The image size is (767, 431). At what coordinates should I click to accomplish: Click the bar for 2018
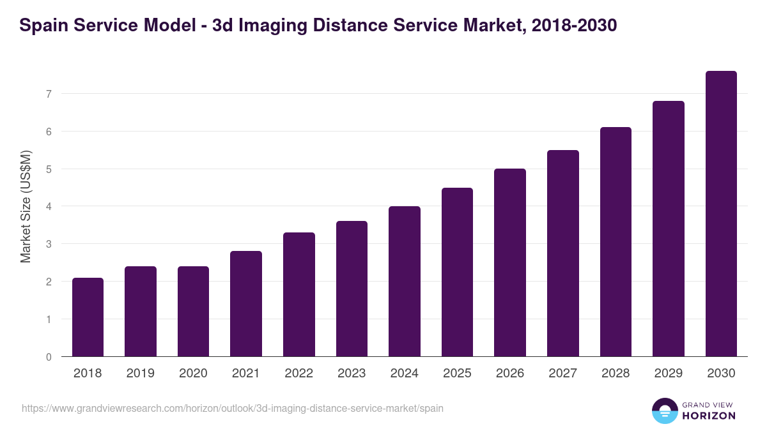coord(88,317)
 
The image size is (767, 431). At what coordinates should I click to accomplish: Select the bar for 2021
coord(246,304)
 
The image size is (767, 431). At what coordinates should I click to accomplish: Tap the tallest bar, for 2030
coord(721,214)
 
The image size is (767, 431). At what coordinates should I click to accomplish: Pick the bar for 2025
coord(457,272)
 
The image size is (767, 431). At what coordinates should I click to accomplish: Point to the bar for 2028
coord(616,242)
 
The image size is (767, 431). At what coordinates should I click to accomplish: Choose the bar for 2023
coord(352,289)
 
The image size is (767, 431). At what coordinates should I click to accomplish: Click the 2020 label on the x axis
coord(193,374)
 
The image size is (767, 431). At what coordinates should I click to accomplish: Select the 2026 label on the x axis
coord(510,374)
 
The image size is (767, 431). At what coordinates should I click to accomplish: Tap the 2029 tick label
coord(668,374)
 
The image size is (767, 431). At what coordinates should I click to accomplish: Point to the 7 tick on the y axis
coord(48,94)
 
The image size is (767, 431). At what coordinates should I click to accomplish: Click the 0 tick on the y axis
coord(48,357)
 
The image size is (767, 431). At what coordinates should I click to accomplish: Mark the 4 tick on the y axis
coord(48,206)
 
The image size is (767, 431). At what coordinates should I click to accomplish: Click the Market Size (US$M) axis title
coord(26,206)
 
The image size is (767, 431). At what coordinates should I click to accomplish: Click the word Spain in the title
coord(42,26)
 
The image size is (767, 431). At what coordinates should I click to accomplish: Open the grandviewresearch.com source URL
coord(233,408)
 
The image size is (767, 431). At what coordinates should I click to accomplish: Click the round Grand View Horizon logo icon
coord(664,411)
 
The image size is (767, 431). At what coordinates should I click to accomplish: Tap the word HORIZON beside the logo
coord(709,416)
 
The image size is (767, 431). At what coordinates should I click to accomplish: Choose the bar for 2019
coord(141,312)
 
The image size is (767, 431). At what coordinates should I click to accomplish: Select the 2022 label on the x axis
coord(298,374)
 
